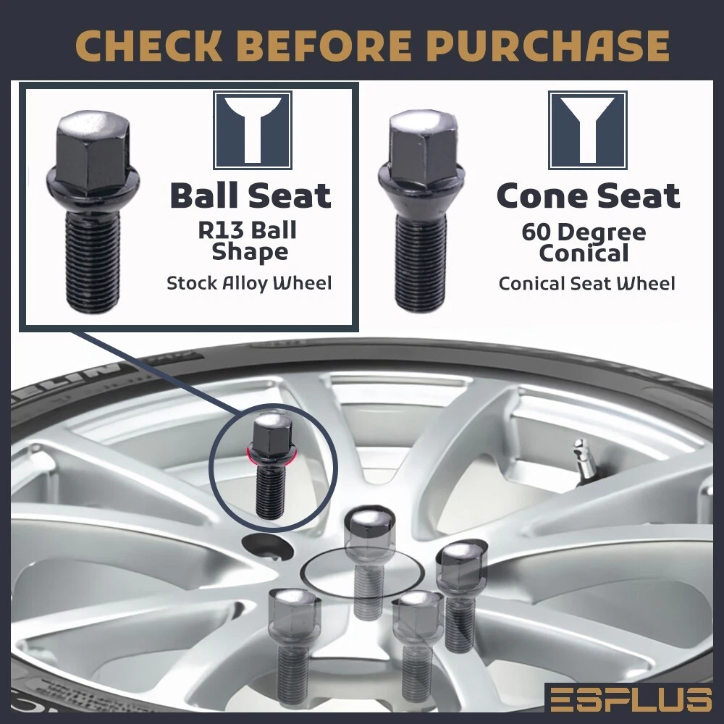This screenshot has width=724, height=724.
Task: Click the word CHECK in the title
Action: pyautogui.click(x=148, y=46)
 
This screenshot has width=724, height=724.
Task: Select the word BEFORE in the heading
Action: pyautogui.click(x=327, y=46)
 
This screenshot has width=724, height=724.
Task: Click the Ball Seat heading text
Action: pyautogui.click(x=251, y=195)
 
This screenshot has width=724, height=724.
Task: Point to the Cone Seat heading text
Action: pyautogui.click(x=588, y=195)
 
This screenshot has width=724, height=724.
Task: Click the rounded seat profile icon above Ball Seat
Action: pyautogui.click(x=252, y=130)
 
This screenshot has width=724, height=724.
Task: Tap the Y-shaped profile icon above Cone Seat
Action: pyautogui.click(x=587, y=130)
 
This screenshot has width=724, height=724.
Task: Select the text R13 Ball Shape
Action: pyautogui.click(x=248, y=241)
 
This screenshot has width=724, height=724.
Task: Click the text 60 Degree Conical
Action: pyautogui.click(x=584, y=243)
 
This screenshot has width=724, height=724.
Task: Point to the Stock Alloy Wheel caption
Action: pyautogui.click(x=249, y=283)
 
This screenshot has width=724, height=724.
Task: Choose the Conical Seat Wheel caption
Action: pyautogui.click(x=587, y=283)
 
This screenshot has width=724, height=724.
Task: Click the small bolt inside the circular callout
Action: pyautogui.click(x=271, y=465)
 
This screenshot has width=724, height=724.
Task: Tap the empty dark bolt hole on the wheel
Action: pyautogui.click(x=268, y=547)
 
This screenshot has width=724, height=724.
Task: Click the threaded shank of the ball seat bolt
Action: pyautogui.click(x=93, y=261)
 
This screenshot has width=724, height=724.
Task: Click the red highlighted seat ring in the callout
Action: pyautogui.click(x=271, y=455)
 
